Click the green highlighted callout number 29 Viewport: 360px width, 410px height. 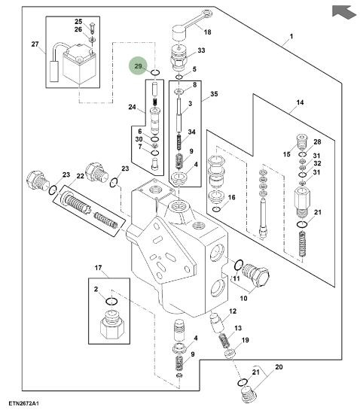click(x=138, y=66)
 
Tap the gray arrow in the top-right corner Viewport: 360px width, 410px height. click(x=343, y=12)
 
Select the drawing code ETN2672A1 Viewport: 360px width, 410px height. click(x=23, y=403)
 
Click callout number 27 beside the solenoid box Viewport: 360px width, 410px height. click(x=35, y=44)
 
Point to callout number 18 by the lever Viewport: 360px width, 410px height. click(x=207, y=32)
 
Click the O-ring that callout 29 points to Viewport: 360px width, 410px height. click(x=154, y=74)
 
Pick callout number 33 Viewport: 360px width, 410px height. click(x=201, y=50)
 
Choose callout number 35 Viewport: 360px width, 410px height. click(x=214, y=94)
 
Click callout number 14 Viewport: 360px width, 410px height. click(x=300, y=102)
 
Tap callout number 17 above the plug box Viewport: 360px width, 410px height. click(x=98, y=268)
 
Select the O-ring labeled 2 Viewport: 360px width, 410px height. click(x=111, y=301)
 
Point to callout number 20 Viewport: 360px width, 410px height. click(x=279, y=367)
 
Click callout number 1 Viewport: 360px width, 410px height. click(x=291, y=36)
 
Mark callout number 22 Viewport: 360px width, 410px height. click(x=80, y=176)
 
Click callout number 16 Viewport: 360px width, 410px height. click(x=231, y=197)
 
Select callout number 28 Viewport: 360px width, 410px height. click(x=317, y=141)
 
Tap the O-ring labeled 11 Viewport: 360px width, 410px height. click(x=239, y=265)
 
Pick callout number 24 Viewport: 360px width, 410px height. click(x=132, y=107)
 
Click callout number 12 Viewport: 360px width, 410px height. click(x=233, y=311)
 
